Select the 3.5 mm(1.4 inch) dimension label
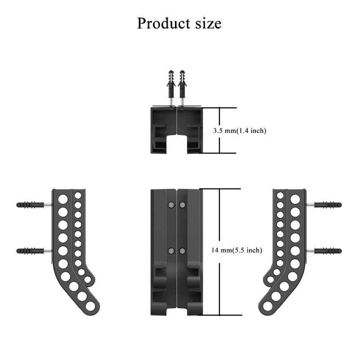click(239, 131)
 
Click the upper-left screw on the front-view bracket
click(171, 205)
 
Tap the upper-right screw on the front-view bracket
click(182, 205)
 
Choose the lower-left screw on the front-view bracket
click(171, 251)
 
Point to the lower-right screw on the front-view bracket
click(182, 251)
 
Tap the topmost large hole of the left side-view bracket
click(63, 198)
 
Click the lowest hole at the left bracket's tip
click(91, 307)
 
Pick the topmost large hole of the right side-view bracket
click(296, 198)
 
